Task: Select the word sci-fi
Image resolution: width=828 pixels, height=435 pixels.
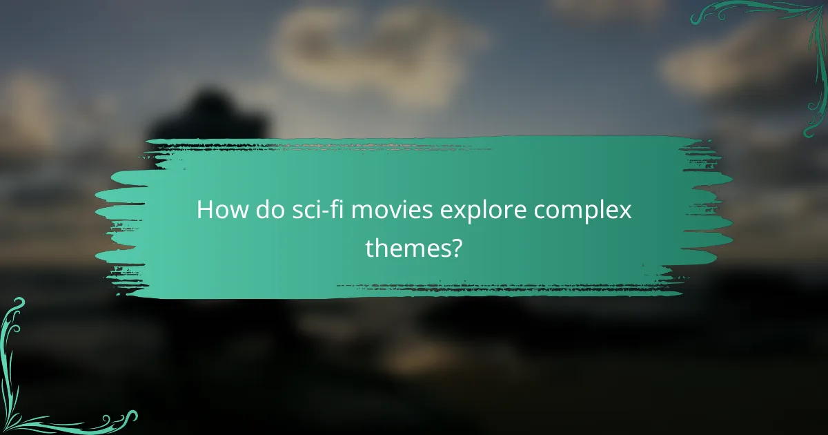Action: coord(306,210)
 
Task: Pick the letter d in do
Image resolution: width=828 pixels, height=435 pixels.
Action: coord(257,210)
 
